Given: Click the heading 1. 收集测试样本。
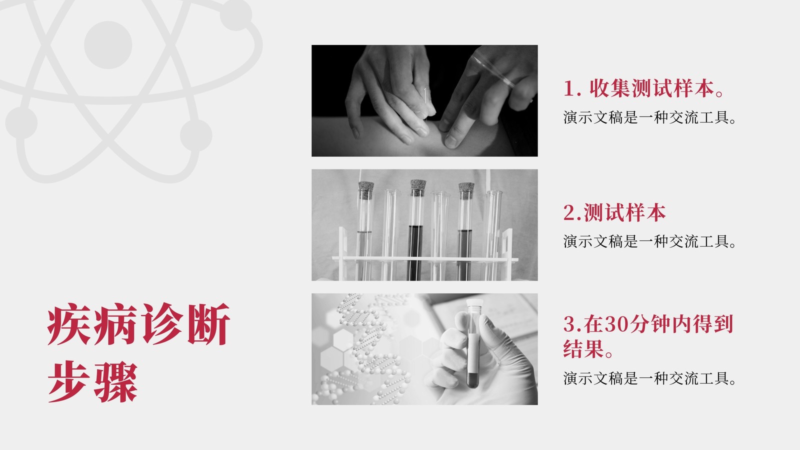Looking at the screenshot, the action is [643, 88].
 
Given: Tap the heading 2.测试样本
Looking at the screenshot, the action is [614, 212].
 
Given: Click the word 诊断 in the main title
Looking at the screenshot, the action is [185, 324].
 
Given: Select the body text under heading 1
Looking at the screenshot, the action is [649, 117].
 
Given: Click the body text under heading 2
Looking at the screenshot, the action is [649, 242].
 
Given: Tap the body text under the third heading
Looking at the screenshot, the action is [649, 378].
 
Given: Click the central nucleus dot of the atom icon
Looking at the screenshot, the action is [108, 45].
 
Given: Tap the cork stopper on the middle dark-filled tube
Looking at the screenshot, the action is [418, 187].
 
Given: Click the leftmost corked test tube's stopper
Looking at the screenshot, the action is [366, 190].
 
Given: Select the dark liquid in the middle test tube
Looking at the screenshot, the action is [415, 252].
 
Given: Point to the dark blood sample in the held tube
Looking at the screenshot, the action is [473, 380].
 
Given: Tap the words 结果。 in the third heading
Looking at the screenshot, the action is [588, 349].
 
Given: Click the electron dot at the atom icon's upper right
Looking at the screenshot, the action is [235, 14].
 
